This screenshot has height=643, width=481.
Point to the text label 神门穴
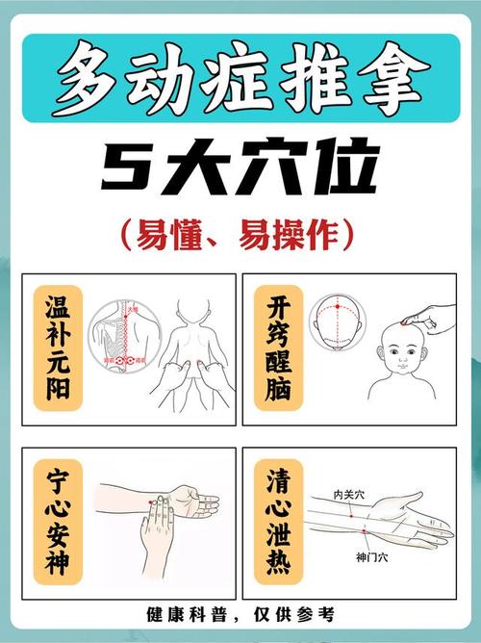[368, 556]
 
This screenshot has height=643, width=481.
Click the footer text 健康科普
[182, 613]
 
